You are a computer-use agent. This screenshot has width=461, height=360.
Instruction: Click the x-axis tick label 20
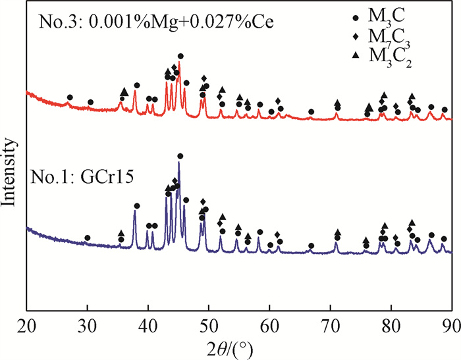[26, 322]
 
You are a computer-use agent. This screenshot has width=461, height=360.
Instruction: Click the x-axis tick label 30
[87, 322]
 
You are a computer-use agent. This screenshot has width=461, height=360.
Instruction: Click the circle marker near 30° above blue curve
[87, 238]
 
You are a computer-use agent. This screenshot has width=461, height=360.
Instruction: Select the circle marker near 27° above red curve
[70, 97]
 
